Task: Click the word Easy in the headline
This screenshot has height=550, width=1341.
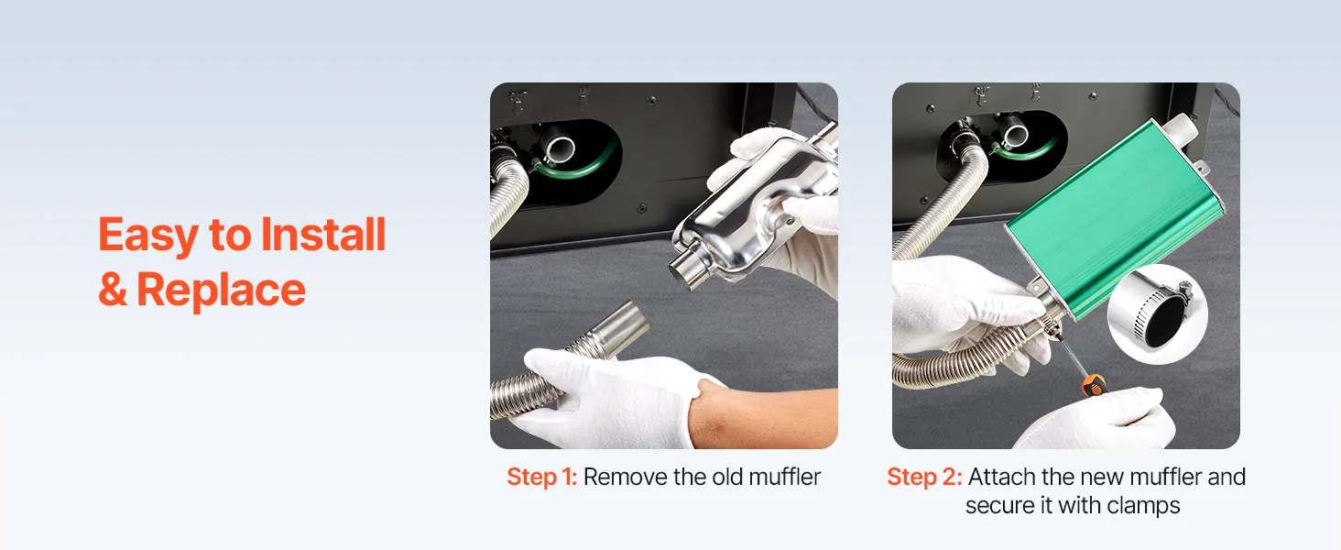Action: coord(147,236)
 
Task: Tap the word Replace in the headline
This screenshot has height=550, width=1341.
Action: coord(221,290)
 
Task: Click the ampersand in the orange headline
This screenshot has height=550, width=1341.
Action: coord(113,290)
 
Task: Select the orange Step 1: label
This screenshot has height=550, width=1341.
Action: coord(541,477)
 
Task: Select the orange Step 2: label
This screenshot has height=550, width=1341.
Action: coord(924,477)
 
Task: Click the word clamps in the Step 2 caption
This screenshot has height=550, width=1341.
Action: coord(1143,506)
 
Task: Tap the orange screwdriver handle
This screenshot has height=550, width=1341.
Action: coord(1095,383)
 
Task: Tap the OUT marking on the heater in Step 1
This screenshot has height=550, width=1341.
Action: coord(518,96)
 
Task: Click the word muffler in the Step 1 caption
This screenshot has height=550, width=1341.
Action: coord(785,477)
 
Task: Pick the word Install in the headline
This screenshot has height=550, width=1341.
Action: coord(323,234)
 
